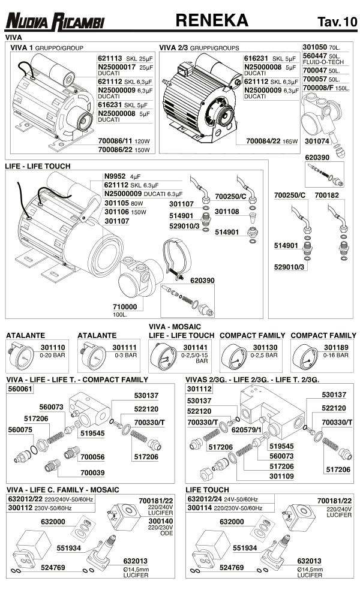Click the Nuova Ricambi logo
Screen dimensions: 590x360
(x=55, y=22)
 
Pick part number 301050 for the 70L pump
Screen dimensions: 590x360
(x=316, y=47)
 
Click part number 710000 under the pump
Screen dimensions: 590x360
(x=125, y=306)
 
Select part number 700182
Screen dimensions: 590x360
(x=326, y=195)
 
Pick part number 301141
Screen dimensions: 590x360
(x=195, y=348)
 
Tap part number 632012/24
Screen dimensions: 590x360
(x=205, y=499)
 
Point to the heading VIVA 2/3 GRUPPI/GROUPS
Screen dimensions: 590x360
(x=199, y=47)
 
